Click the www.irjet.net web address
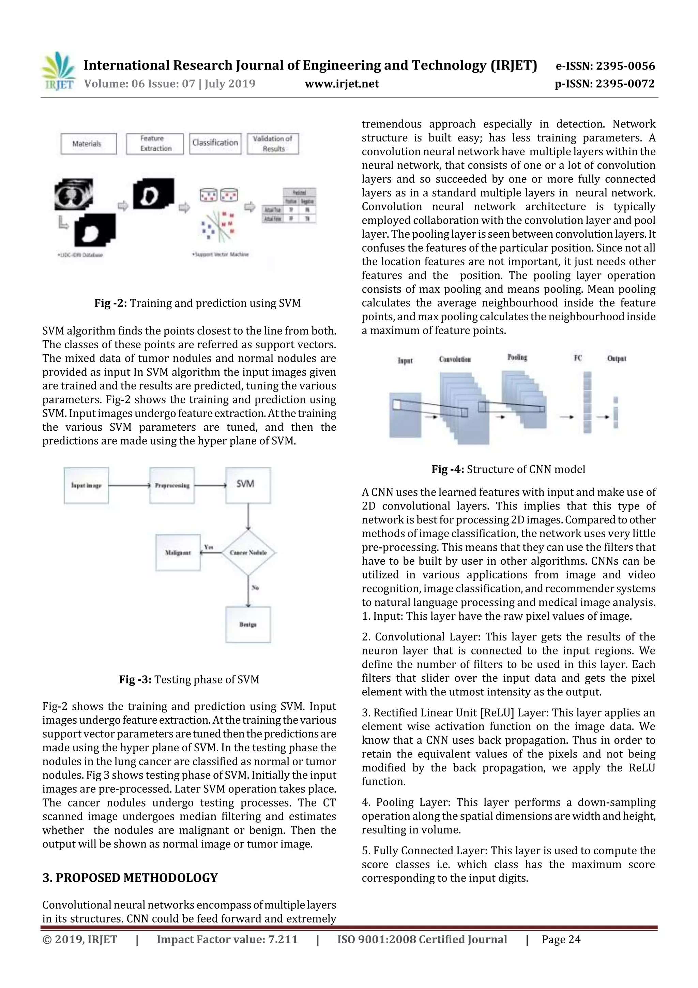click(342, 84)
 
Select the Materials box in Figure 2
click(89, 144)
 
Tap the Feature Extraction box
click(155, 144)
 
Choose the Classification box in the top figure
click(215, 143)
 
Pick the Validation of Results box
click(273, 144)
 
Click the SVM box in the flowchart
click(248, 485)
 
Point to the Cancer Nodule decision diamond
click(248, 552)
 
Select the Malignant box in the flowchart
click(178, 552)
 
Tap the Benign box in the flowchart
click(248, 624)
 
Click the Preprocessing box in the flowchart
click(172, 485)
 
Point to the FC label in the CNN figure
click(578, 358)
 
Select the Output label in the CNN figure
click(616, 358)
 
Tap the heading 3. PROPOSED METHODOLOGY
click(130, 878)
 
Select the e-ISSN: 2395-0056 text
click(605, 66)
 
